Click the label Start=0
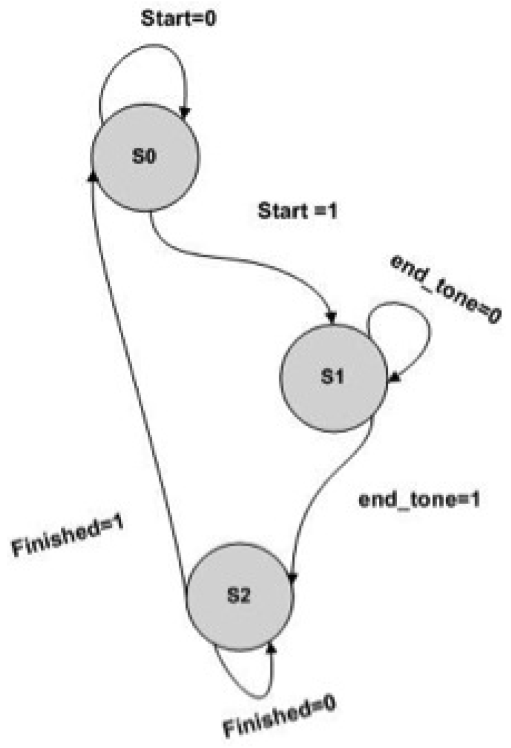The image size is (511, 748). click(x=178, y=19)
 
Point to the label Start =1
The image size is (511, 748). click(x=297, y=211)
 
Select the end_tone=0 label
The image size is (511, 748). click(x=445, y=289)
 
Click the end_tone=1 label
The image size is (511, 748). click(x=419, y=499)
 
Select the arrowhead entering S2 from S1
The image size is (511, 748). click(x=292, y=577)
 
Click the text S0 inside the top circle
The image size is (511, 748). click(x=144, y=157)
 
